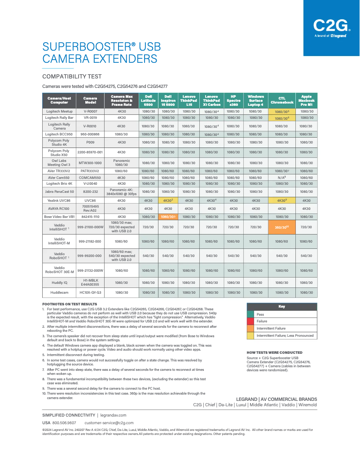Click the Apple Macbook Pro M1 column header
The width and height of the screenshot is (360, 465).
(306, 100)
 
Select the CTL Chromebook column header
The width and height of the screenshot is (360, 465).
(282, 100)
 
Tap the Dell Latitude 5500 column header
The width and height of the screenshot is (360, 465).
(148, 100)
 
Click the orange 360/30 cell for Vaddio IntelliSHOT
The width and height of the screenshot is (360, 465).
(282, 227)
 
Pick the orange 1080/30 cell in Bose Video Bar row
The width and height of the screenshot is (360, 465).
(168, 216)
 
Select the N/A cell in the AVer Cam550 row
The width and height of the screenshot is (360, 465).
(282, 178)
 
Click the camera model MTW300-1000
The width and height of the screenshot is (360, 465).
(90, 163)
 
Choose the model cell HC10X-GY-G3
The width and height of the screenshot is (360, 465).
(90, 292)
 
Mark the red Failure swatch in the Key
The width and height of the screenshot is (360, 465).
(250, 321)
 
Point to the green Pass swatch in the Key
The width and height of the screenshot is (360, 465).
(250, 314)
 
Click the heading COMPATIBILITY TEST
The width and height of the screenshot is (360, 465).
(72, 77)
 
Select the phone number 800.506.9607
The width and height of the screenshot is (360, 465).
(65, 423)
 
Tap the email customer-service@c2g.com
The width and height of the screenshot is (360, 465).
(109, 423)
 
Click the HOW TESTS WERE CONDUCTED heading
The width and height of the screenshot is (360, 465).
(274, 352)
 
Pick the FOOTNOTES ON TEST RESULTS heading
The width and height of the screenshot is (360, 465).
(70, 304)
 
